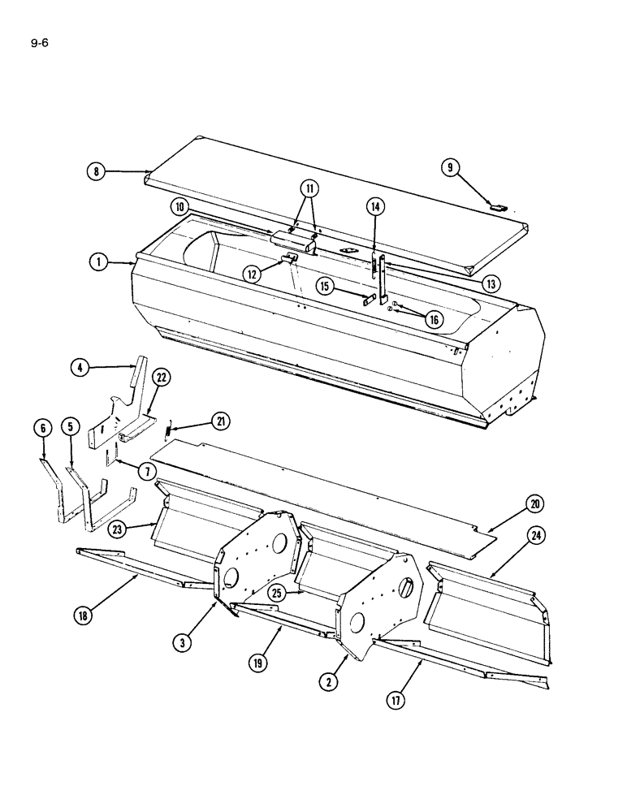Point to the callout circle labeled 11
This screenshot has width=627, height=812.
(x=309, y=189)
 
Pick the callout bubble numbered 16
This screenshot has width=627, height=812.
(x=434, y=319)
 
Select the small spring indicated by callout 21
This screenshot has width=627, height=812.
(x=169, y=427)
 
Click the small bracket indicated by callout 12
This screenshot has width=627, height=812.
(x=288, y=258)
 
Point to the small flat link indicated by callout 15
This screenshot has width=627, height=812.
(x=370, y=300)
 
